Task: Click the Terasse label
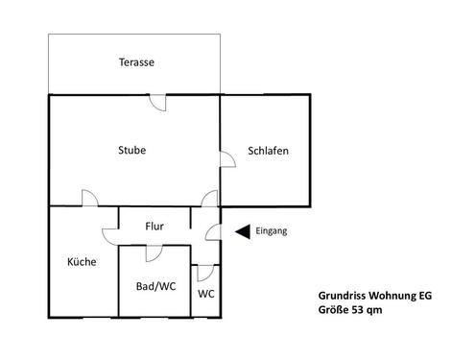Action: click(x=136, y=62)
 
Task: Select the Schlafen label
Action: click(x=269, y=151)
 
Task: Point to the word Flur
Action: click(x=154, y=227)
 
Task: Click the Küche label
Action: click(x=82, y=261)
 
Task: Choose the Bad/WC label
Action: click(x=155, y=286)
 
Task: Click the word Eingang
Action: click(x=273, y=230)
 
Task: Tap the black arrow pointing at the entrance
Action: click(x=243, y=230)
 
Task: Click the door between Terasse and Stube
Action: click(x=164, y=101)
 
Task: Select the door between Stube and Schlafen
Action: click(x=226, y=160)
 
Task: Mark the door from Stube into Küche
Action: click(x=88, y=200)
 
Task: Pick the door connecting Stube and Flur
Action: click(x=209, y=200)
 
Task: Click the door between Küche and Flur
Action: click(x=108, y=232)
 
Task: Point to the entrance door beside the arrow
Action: click(x=215, y=232)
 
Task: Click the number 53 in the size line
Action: click(x=357, y=311)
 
